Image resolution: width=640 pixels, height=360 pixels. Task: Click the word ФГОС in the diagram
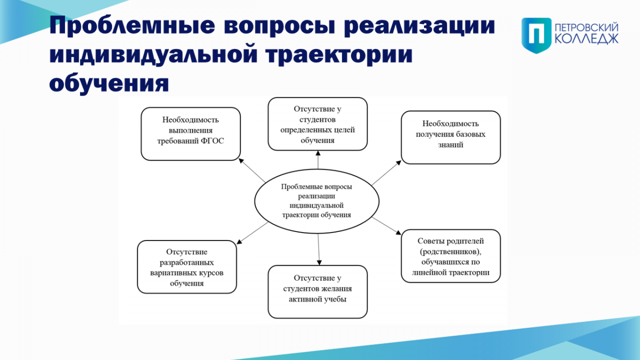click(212, 141)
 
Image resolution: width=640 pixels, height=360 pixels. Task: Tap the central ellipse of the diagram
click(317, 201)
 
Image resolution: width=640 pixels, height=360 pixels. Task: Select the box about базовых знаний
click(451, 138)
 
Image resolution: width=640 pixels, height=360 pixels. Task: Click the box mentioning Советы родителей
click(451, 256)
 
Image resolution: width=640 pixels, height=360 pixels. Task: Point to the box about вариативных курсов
click(187, 267)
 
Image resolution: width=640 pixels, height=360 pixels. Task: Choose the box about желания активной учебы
click(318, 292)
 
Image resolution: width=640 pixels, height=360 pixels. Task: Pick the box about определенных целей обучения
click(318, 124)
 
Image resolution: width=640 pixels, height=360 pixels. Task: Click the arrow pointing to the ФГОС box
click(252, 170)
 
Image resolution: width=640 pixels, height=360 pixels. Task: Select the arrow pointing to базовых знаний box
click(387, 173)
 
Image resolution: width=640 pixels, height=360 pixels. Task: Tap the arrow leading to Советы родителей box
click(387, 226)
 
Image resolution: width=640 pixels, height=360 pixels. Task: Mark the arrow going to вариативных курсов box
click(252, 233)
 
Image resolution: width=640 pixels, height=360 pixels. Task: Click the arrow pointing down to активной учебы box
click(319, 250)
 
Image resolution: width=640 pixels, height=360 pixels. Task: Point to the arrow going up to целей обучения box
click(318, 159)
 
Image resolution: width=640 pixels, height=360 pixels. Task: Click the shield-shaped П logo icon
click(537, 35)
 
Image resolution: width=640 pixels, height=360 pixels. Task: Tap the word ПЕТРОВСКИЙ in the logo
click(587, 28)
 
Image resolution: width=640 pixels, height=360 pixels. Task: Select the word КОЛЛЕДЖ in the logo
click(587, 39)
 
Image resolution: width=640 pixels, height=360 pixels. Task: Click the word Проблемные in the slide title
click(132, 26)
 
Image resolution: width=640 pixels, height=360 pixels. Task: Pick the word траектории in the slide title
click(339, 55)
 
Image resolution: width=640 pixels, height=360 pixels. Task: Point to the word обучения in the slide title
click(109, 83)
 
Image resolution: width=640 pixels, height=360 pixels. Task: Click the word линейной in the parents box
click(426, 273)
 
